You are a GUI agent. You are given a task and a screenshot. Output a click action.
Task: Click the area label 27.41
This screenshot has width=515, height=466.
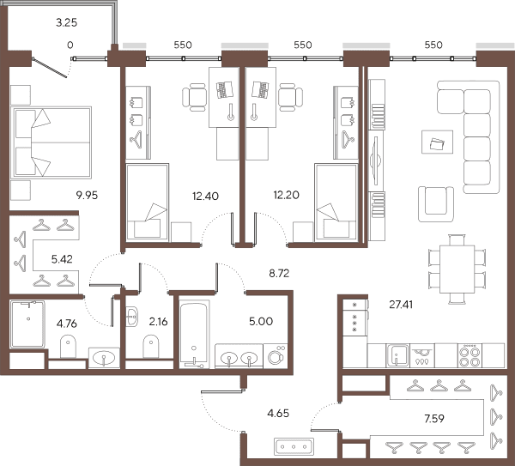401,305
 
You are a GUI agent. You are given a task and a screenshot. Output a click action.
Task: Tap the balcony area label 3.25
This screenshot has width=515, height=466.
66,22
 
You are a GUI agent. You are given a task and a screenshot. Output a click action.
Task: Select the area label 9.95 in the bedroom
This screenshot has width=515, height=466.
87,196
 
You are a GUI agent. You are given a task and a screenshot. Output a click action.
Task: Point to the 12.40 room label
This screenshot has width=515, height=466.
205,196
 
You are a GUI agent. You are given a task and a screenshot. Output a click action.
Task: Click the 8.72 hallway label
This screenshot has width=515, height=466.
279,273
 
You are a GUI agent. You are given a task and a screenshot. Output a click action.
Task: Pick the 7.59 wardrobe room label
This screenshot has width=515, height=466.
434,419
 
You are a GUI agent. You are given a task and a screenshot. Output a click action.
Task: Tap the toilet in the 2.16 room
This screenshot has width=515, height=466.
151,347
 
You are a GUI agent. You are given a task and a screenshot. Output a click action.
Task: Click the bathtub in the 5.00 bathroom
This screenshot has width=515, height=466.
194,335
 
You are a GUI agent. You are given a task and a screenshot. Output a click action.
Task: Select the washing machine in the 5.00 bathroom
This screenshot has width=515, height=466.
276,356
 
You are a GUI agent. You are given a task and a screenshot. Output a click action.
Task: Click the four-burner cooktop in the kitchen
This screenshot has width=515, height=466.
470,355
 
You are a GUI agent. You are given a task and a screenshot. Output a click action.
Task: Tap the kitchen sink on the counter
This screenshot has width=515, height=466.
398,355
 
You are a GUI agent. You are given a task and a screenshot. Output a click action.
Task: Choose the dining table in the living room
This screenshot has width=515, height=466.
457,269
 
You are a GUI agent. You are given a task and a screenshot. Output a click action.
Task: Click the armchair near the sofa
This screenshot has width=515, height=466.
436,204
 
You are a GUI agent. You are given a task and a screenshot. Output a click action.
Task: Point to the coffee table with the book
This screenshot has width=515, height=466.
438,142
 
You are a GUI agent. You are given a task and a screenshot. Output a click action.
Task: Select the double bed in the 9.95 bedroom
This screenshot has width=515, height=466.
51,142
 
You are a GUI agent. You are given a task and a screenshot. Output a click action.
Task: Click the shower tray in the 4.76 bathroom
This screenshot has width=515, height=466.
28,324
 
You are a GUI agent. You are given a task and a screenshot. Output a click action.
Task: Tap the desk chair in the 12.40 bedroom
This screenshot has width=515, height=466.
194,97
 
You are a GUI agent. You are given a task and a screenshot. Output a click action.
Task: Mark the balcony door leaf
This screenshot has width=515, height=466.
50,68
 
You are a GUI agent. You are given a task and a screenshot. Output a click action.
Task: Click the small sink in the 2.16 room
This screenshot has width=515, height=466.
132,317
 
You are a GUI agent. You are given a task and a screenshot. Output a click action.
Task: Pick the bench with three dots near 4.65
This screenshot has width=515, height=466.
294,446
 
